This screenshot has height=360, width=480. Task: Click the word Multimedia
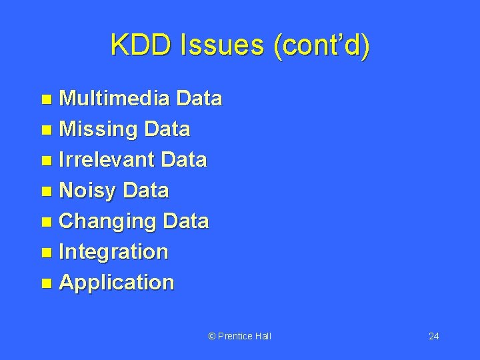(x=115, y=99)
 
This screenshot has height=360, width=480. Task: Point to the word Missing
(x=96, y=129)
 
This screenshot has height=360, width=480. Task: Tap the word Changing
(x=107, y=221)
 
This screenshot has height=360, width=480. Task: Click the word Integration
(x=113, y=252)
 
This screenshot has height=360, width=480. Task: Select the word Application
(x=117, y=283)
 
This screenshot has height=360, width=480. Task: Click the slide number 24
(x=433, y=336)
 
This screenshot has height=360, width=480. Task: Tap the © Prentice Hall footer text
(x=240, y=336)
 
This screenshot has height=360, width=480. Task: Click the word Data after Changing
(x=186, y=221)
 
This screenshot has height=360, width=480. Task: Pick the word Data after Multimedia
(x=199, y=99)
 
